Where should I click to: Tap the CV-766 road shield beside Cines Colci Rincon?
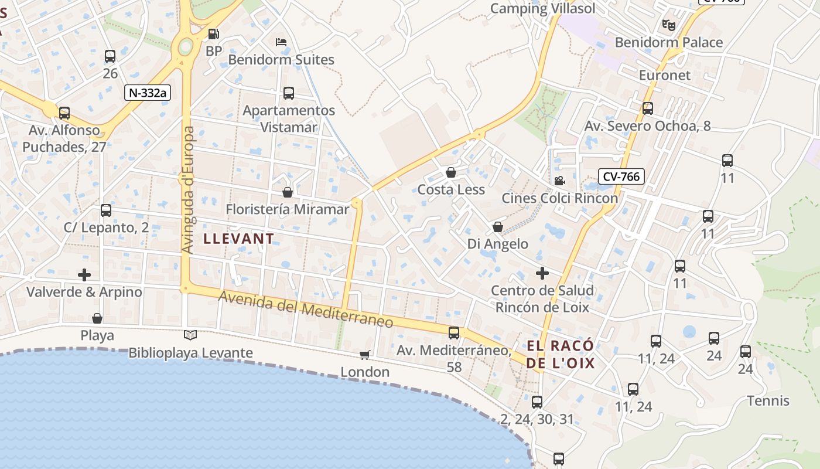pos(621,176)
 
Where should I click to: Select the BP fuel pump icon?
pos(214,35)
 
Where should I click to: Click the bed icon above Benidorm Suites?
pos(281,42)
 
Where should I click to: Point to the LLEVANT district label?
pos(238,239)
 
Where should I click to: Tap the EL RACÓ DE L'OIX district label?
pos(561,354)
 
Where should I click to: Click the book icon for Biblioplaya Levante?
pos(190,335)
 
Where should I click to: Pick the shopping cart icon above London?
pos(365,355)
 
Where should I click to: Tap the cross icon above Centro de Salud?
pos(542,273)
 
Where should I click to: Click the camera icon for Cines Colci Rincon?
pos(559,181)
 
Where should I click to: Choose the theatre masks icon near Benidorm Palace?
pos(668,25)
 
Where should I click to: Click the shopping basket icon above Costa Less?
pos(451,172)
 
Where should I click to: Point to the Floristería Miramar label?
pos(287,209)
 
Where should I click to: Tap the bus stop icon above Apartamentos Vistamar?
pos(289,93)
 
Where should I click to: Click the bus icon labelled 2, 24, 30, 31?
pos(537,402)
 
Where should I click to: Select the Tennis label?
pos(768,401)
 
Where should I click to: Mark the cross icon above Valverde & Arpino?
pos(84,274)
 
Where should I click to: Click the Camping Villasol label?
pos(542,8)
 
